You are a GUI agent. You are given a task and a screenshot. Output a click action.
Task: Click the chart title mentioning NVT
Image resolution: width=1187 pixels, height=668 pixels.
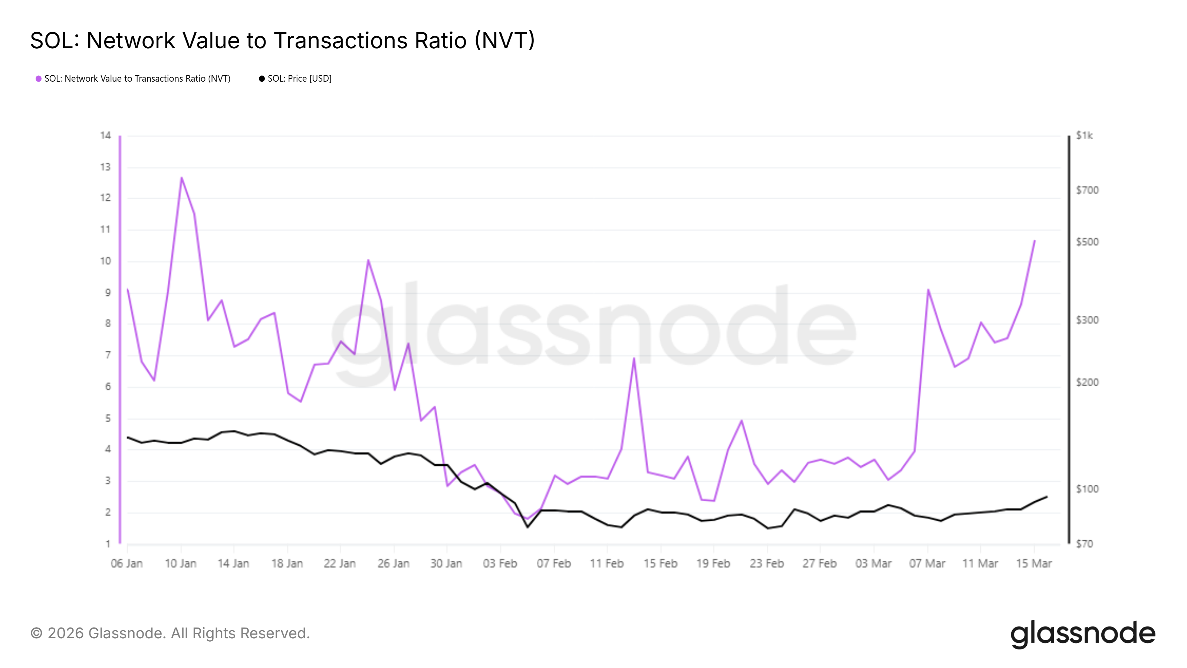pos(282,40)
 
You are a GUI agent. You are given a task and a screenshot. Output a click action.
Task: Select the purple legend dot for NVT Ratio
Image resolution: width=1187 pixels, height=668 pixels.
pos(39,79)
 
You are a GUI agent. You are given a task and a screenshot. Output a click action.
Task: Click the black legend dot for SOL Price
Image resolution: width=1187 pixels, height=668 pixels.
pos(262,79)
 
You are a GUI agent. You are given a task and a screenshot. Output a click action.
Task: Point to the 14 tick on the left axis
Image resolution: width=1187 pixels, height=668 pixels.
pos(105,135)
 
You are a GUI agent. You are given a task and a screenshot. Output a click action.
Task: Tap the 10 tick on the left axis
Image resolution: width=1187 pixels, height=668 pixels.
pos(105,261)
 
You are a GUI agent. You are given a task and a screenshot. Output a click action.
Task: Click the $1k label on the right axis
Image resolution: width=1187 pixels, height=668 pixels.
pos(1084,135)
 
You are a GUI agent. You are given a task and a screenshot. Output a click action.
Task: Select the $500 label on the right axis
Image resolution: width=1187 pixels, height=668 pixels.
pos(1087,242)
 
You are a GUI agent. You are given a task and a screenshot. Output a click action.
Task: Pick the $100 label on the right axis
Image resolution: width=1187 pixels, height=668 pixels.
pos(1087,489)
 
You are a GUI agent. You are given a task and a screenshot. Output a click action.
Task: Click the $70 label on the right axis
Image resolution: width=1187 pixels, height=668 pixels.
pos(1084,544)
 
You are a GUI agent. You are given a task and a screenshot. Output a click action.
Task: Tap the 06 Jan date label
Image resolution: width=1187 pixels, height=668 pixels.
pos(127,564)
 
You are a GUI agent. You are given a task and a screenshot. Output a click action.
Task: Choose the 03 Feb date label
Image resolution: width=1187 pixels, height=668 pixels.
pos(500,564)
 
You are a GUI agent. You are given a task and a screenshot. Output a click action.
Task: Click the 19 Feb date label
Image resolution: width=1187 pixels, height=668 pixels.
pos(713,564)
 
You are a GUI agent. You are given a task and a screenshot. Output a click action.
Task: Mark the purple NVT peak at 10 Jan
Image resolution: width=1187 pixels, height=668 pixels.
pos(181,177)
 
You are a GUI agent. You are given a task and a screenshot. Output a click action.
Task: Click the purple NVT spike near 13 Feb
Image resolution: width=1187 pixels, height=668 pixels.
pos(634,358)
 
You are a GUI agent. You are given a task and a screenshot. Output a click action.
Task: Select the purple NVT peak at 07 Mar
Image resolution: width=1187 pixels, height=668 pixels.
pos(928,289)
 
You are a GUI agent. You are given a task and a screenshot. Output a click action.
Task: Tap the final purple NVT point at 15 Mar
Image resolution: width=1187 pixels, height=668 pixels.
pos(1035,240)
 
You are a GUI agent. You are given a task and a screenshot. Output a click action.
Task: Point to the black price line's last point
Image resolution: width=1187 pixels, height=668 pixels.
pos(1047,497)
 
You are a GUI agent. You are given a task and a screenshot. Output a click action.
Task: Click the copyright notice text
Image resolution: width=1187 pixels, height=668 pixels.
pos(170,633)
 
